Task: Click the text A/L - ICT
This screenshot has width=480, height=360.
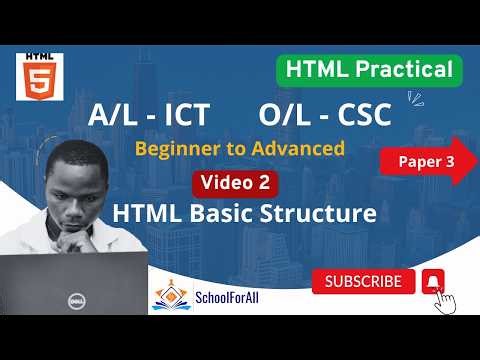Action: point(150,116)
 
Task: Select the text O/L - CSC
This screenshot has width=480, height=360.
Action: point(325,116)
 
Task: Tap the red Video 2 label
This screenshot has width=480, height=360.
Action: point(236,182)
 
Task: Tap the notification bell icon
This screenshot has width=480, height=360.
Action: point(433,281)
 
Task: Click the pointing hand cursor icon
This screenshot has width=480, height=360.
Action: point(446,299)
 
